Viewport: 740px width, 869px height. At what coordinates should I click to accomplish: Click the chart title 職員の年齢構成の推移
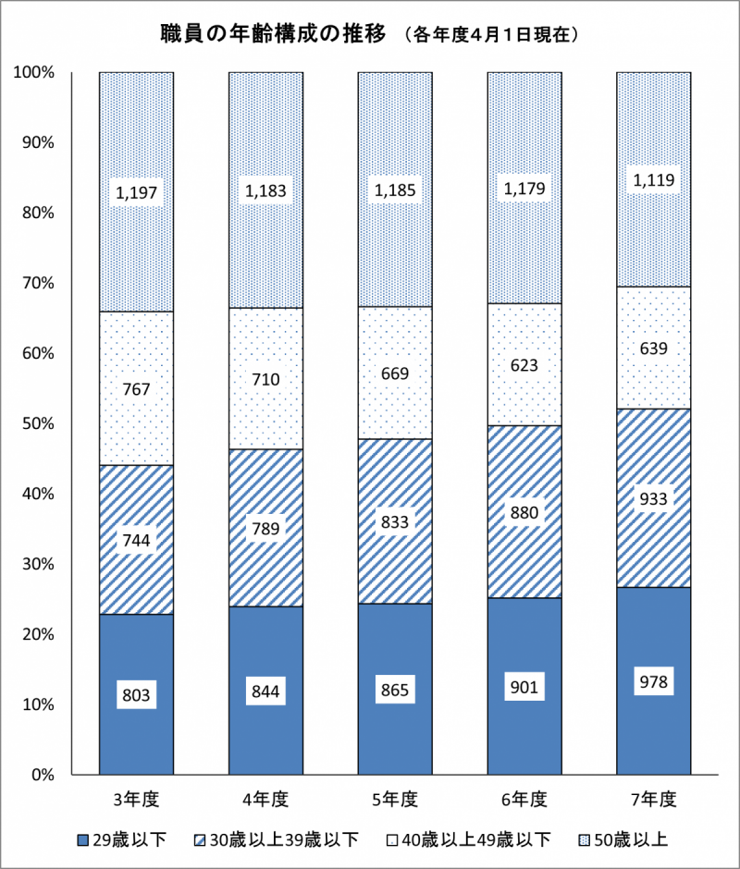tap(276, 35)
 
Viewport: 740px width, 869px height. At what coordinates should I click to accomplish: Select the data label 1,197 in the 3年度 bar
tap(137, 192)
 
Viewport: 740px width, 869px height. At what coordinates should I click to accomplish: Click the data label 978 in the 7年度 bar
tap(654, 683)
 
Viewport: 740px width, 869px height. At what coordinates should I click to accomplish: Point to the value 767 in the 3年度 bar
tap(137, 389)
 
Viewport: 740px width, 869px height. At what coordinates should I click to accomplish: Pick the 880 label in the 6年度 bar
tap(524, 512)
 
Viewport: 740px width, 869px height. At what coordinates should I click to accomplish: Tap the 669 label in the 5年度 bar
tap(395, 373)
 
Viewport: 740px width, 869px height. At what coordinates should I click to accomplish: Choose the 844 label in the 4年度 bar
tap(265, 689)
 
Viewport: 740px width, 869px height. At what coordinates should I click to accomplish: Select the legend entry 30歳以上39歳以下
tap(278, 839)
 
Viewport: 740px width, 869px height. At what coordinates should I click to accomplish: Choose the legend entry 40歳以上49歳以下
tap(471, 839)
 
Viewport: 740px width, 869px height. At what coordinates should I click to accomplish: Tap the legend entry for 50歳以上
tap(619, 839)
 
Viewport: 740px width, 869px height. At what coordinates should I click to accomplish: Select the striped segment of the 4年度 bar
tap(265, 481)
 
